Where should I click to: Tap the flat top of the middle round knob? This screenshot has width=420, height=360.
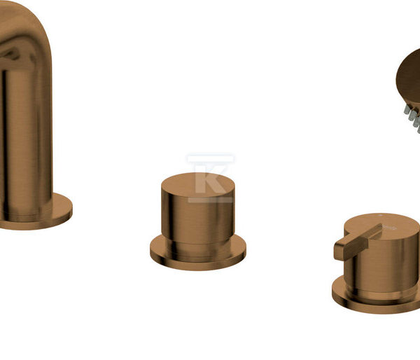click(198, 184)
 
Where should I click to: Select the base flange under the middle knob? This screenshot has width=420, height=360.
click(198, 257)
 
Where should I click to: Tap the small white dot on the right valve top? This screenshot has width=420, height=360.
click(379, 215)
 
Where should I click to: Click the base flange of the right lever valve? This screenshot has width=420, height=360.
click(375, 302)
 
